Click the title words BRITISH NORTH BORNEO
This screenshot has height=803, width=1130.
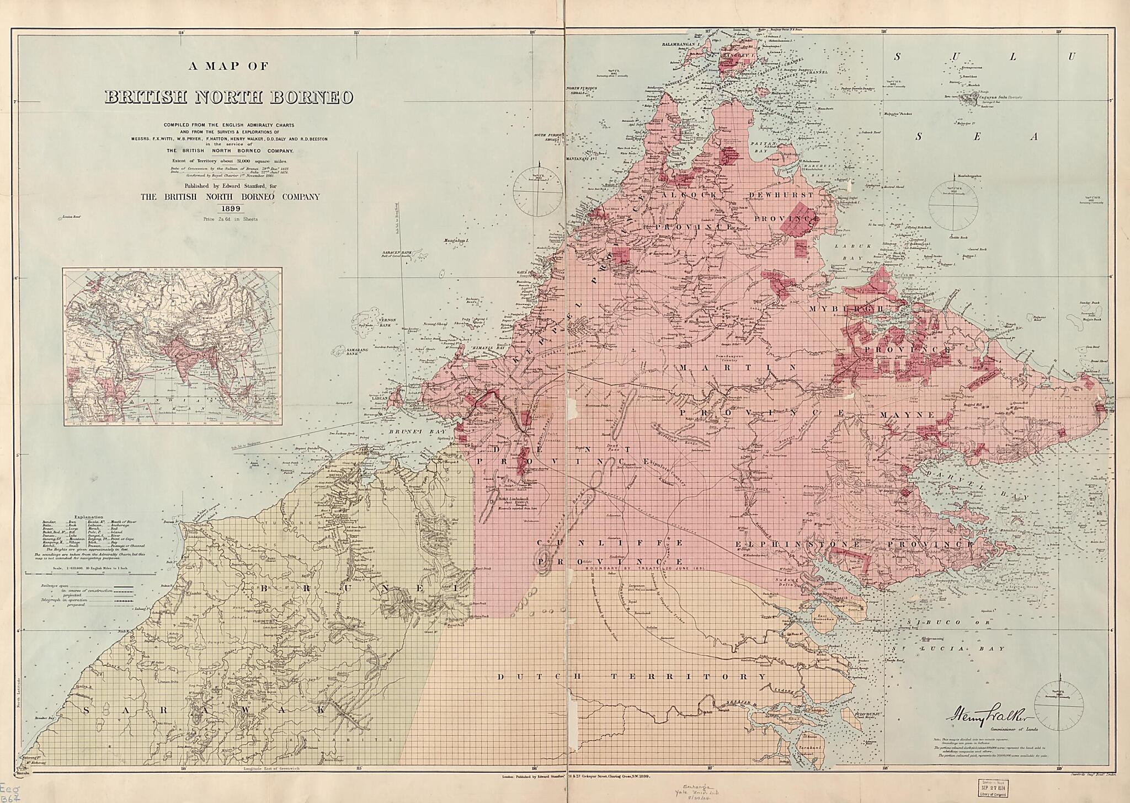point(228,97)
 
